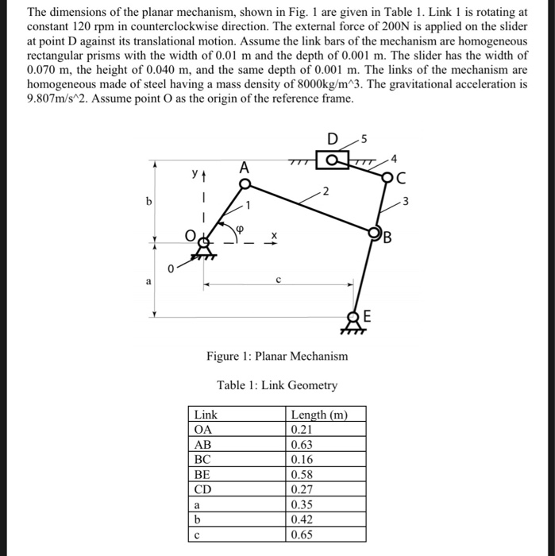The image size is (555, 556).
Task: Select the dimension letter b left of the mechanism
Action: tap(148, 201)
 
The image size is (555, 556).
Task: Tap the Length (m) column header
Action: tap(318, 415)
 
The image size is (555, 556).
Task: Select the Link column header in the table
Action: tap(206, 415)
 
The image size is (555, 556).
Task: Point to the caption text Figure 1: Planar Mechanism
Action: tap(276, 356)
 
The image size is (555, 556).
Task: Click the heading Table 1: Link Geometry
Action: tap(276, 385)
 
